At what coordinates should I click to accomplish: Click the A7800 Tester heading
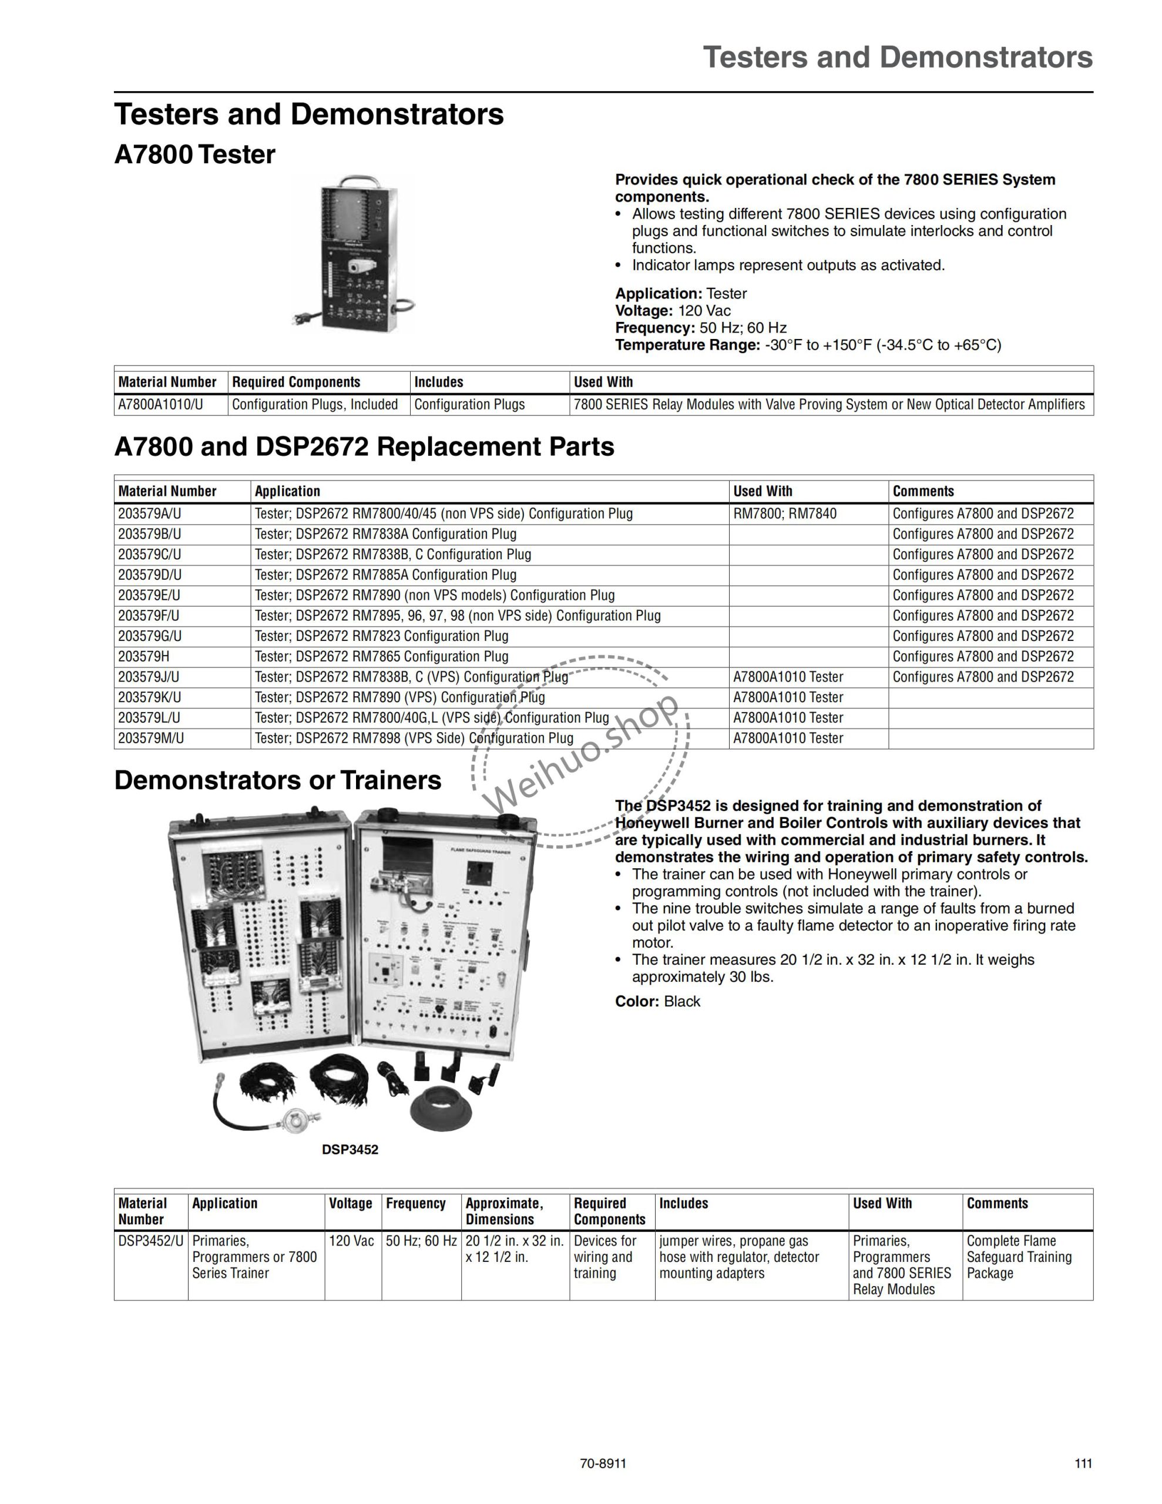(194, 155)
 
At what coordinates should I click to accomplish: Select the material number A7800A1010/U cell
(160, 404)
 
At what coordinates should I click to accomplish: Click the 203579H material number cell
(143, 656)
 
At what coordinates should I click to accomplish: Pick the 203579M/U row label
(151, 738)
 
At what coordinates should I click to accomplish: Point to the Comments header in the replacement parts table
(923, 491)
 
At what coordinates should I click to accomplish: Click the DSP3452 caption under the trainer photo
(350, 1149)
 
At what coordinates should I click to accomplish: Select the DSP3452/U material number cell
(151, 1241)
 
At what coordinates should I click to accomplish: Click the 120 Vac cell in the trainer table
(351, 1241)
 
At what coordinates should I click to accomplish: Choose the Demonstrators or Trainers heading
(278, 780)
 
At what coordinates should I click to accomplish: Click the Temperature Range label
(687, 345)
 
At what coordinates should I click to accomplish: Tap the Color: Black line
(657, 1001)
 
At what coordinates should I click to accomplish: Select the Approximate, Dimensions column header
(504, 1211)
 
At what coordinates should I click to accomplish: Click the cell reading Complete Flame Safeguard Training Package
(1019, 1257)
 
